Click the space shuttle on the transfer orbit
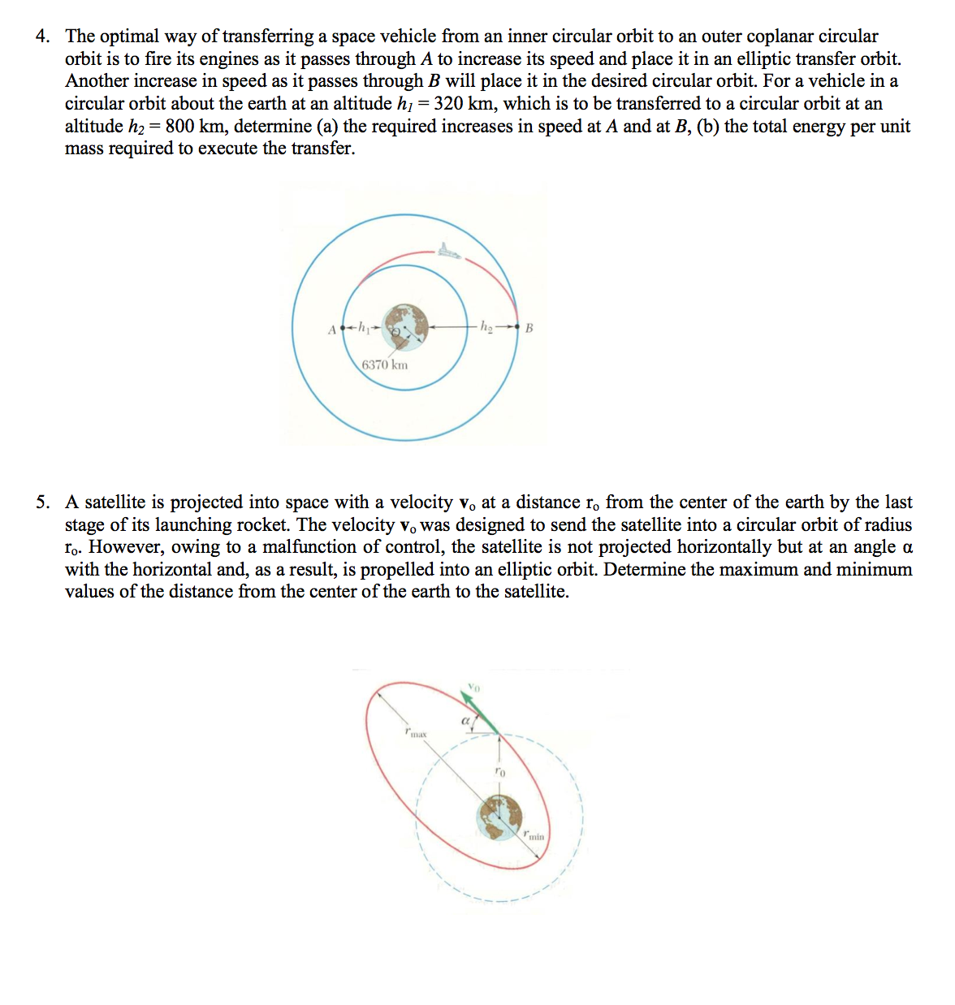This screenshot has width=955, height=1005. (x=447, y=252)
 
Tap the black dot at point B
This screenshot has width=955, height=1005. (x=516, y=328)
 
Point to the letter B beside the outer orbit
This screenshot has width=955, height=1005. (x=529, y=329)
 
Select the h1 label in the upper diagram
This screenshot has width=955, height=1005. (x=365, y=328)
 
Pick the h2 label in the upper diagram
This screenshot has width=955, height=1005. (x=486, y=327)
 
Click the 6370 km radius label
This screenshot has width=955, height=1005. (x=385, y=364)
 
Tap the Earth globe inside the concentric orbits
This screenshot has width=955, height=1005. (x=405, y=327)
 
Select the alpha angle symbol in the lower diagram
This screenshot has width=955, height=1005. (x=466, y=720)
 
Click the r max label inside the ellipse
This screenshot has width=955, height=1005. (x=415, y=733)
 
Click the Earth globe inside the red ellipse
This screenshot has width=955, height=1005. (x=499, y=817)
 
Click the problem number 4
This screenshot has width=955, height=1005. (x=42, y=37)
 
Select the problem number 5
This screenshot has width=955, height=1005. (x=42, y=502)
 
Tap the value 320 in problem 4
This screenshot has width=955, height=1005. (x=449, y=104)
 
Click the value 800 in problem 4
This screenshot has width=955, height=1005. (x=179, y=127)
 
